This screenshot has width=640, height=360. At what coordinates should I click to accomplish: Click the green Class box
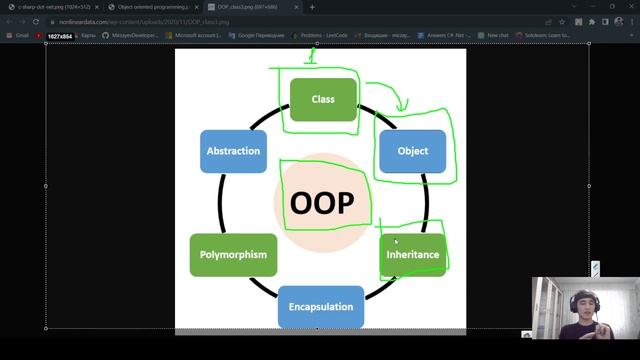323,99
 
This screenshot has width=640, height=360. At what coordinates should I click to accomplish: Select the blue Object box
412,151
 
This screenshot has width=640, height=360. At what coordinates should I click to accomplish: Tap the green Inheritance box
412,254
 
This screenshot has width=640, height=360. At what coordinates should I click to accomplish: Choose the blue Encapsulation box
320,306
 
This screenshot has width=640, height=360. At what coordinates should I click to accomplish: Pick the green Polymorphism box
233,254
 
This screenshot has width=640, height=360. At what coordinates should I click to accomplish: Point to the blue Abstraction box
233,151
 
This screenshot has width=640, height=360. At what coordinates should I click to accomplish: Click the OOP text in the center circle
322,203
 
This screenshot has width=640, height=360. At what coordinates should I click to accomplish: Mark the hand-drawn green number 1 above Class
311,58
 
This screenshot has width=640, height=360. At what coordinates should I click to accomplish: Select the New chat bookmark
494,35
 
